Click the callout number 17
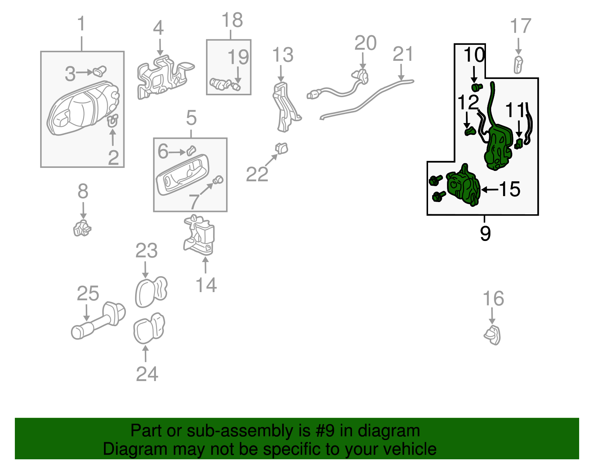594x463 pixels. click(520, 27)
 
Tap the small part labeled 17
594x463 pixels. click(518, 65)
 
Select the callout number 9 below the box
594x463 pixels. click(485, 234)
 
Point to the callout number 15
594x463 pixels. click(510, 189)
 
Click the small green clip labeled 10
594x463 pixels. click(476, 87)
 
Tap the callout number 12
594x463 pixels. click(468, 102)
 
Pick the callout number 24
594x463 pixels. click(147, 374)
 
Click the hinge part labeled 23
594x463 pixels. click(151, 292)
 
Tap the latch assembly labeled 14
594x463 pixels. click(200, 235)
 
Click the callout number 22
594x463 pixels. click(257, 174)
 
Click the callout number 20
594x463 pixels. click(365, 43)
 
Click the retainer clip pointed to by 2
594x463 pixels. click(112, 121)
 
